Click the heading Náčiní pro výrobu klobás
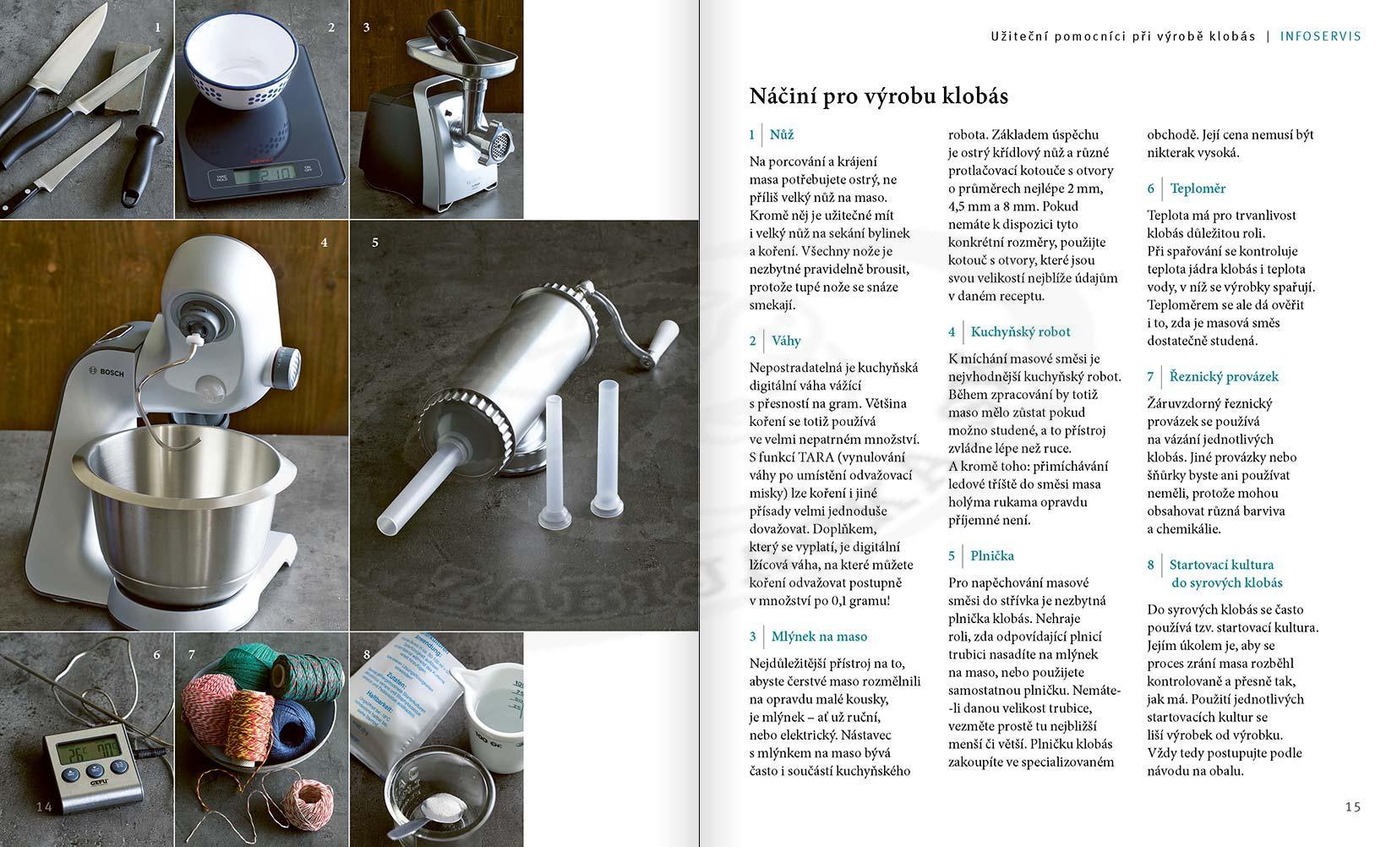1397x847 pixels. pos(878,96)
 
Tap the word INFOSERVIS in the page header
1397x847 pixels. pos(1320,36)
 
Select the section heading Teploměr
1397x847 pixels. pos(1198,189)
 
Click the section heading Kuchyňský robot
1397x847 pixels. pos(1020,332)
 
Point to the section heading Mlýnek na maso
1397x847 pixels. pos(819,637)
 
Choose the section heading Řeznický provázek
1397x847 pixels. pos(1224,377)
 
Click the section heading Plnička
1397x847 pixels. pos(992,556)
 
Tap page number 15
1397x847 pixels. pos(1352,806)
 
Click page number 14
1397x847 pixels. pos(44,806)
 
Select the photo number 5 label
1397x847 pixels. pos(375,243)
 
